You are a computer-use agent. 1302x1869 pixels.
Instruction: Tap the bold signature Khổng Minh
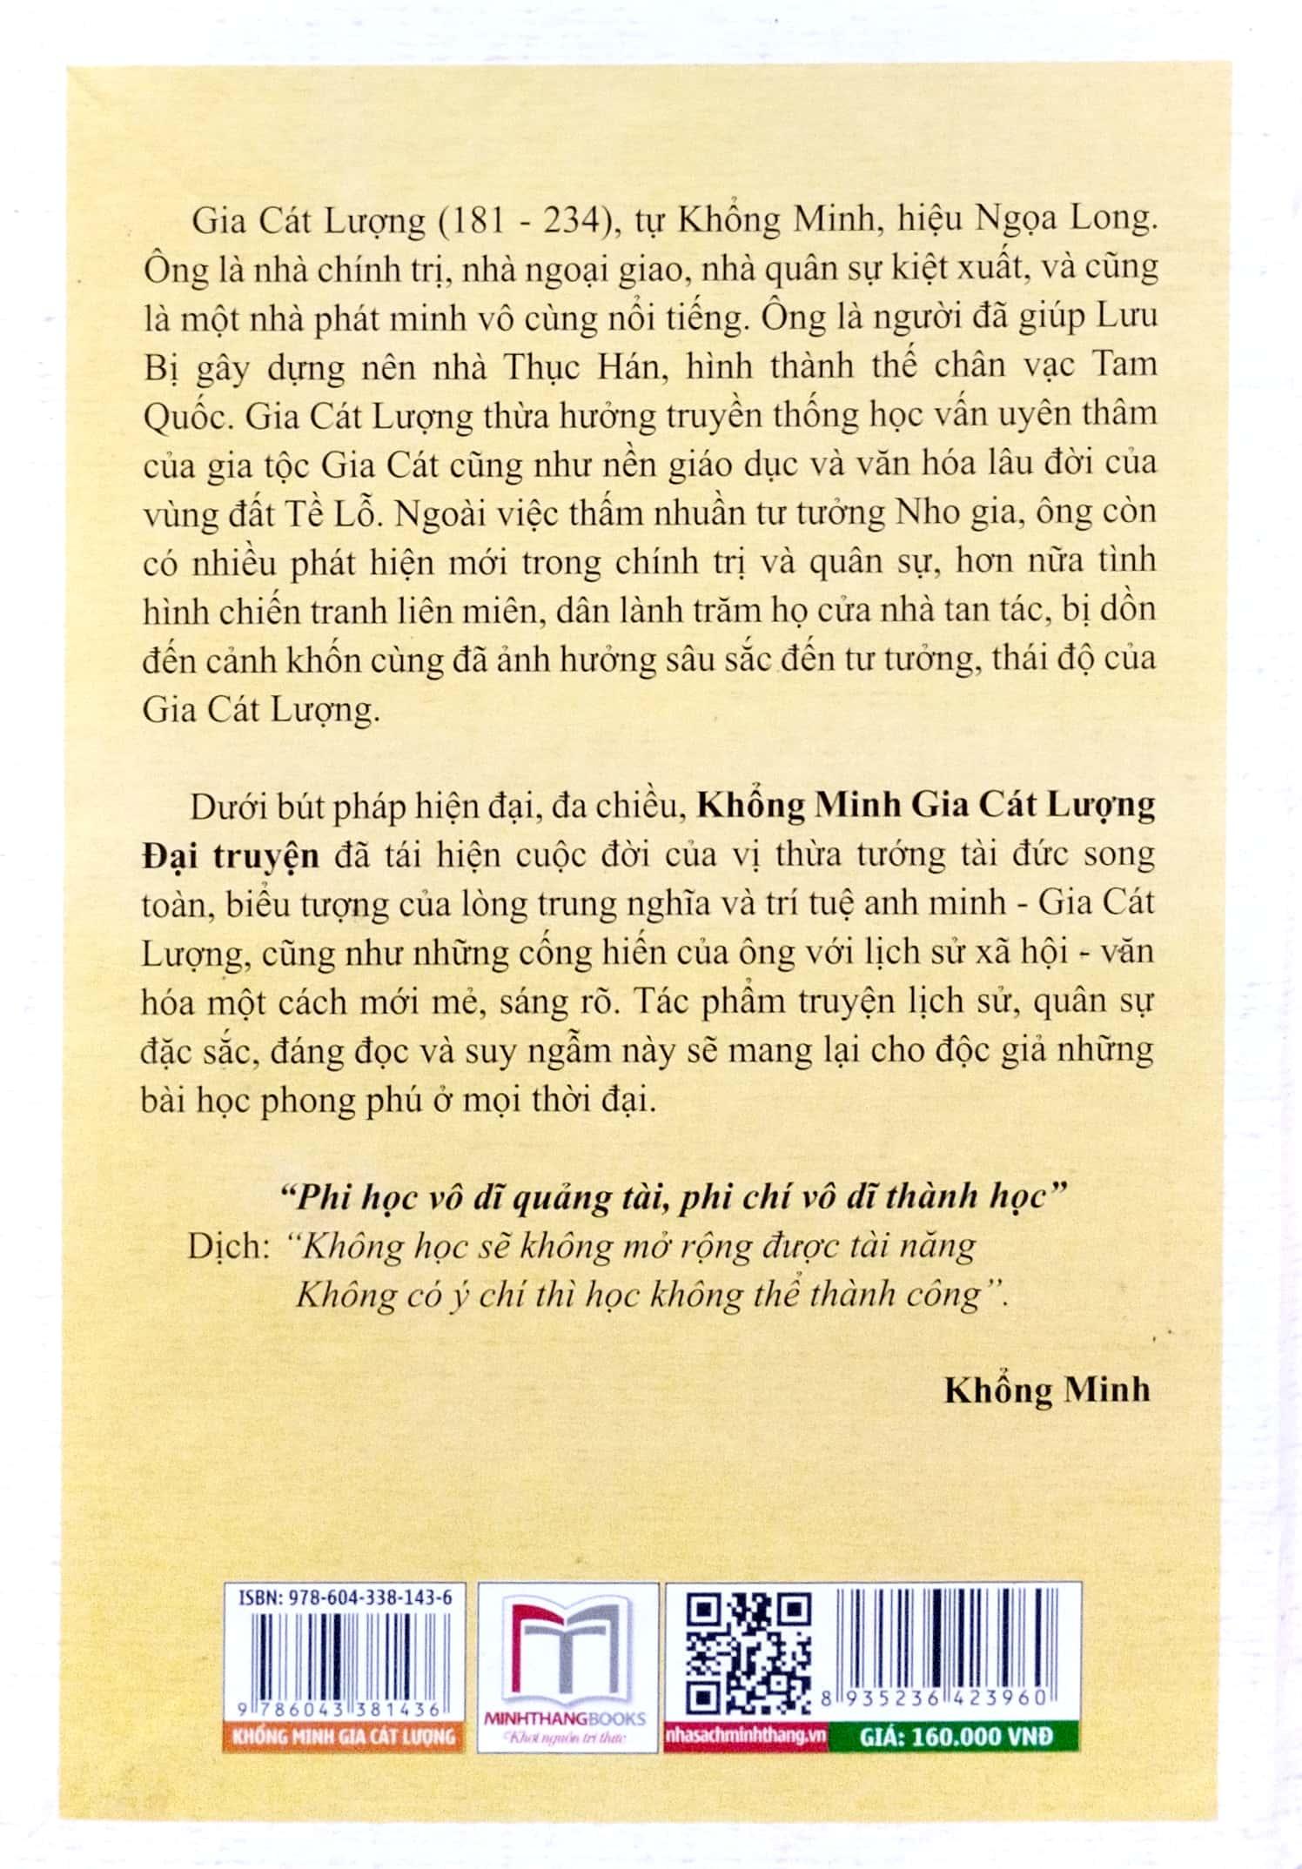pos(1047,1389)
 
